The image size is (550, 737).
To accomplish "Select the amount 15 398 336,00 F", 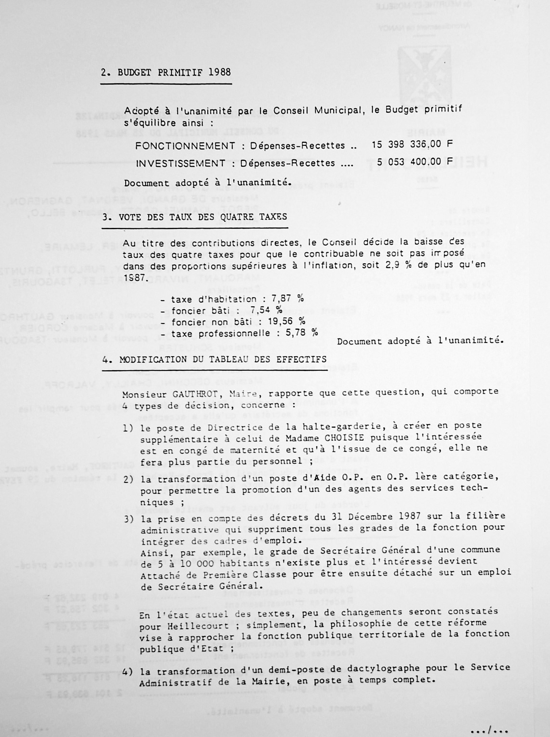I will point(412,144).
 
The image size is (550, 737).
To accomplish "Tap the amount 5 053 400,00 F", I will point(415,162).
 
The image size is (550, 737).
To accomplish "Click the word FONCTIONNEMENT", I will point(185,146).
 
